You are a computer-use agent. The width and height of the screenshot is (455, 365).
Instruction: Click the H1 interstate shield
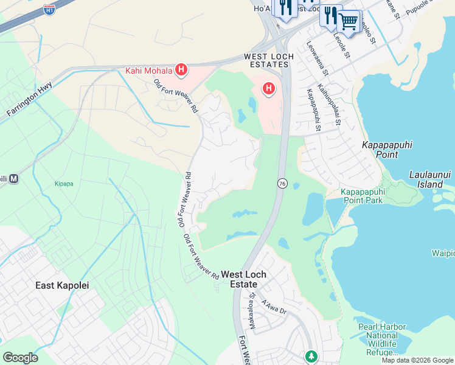point(50,10)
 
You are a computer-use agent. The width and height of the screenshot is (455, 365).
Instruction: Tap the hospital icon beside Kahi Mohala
point(181,71)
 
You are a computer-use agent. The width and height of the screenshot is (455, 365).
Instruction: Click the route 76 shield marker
point(282,183)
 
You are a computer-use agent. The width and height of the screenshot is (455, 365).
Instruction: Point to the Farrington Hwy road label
point(29,99)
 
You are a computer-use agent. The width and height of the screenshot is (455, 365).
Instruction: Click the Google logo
point(20,358)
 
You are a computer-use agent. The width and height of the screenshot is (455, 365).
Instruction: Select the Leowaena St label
point(318,58)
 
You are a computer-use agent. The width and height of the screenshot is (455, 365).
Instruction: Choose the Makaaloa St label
point(252,310)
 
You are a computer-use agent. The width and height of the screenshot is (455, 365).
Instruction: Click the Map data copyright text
point(417,360)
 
